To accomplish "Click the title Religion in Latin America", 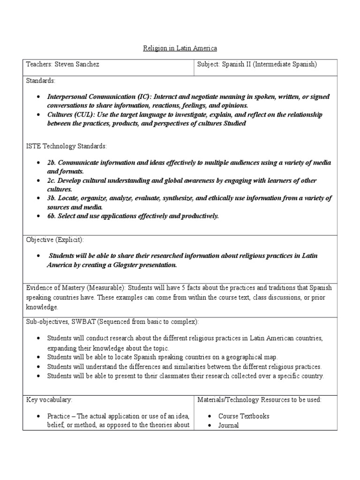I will pyautogui.click(x=180, y=48).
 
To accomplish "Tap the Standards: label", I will pyautogui.click(x=41, y=81).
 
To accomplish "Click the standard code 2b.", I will pyautogui.click(x=51, y=163).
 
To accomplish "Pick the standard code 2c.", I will pyautogui.click(x=51, y=180).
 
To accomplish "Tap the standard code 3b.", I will pyautogui.click(x=51, y=198).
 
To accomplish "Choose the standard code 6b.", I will pyautogui.click(x=51, y=216).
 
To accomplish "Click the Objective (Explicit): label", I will pyautogui.click(x=55, y=240).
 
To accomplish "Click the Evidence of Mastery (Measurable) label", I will pyautogui.click(x=75, y=288).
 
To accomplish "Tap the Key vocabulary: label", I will pyautogui.click(x=49, y=400).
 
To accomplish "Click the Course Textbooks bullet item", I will pyautogui.click(x=244, y=416).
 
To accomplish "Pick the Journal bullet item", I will pyautogui.click(x=228, y=426).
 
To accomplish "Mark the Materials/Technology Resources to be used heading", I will pyautogui.click(x=259, y=400).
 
